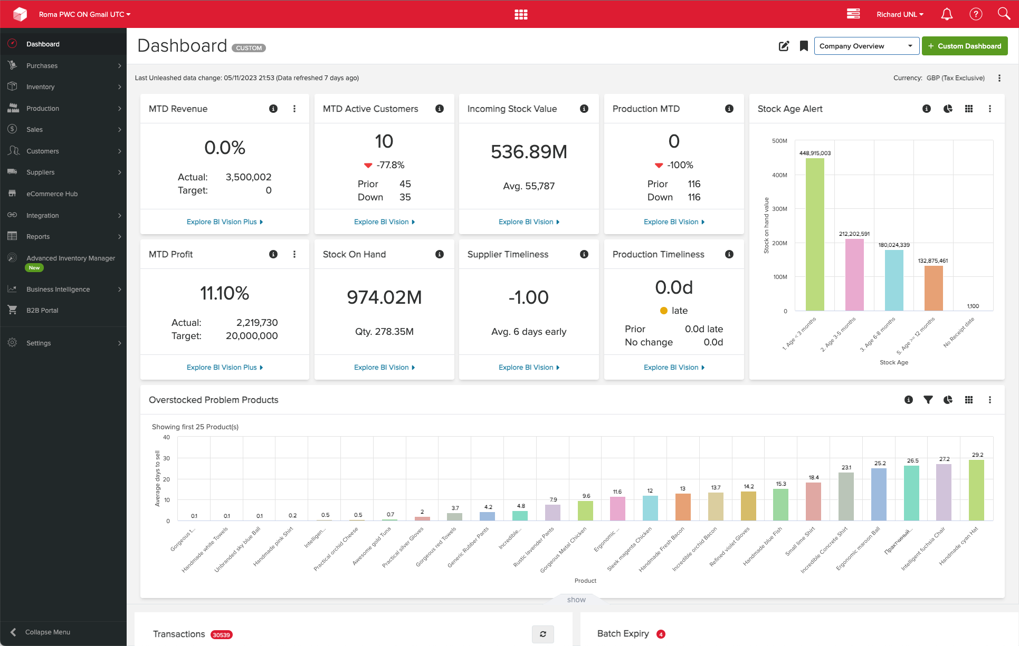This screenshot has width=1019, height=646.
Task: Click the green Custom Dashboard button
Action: point(964,46)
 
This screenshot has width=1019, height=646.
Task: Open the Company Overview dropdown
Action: point(865,46)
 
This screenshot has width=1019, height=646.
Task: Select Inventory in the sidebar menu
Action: point(41,87)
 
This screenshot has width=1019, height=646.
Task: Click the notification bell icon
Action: point(947,14)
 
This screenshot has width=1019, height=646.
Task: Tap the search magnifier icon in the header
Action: point(1003,14)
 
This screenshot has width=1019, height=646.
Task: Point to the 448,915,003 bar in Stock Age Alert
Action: point(815,235)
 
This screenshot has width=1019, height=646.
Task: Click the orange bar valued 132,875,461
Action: point(933,288)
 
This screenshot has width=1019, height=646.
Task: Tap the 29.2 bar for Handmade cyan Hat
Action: point(976,490)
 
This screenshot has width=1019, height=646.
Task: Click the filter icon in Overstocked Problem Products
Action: point(928,400)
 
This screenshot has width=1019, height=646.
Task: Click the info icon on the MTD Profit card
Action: point(273,254)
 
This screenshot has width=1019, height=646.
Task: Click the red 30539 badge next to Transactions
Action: point(222,635)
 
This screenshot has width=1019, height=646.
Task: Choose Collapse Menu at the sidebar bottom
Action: point(47,632)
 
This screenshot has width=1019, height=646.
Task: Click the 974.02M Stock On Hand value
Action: point(384,297)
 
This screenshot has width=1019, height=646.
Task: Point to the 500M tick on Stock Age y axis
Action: point(779,141)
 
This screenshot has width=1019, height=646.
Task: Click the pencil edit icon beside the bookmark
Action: point(784,46)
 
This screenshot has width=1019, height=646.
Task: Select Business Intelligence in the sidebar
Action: point(58,290)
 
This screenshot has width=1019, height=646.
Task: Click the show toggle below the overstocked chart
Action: point(576,600)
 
